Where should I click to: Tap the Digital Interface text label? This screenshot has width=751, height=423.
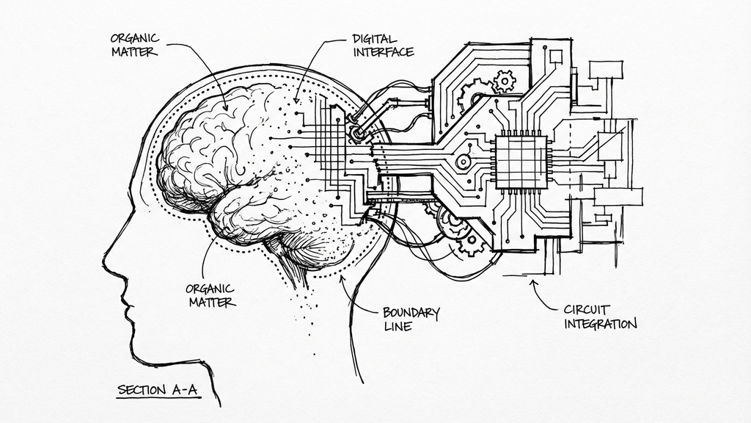(x=382, y=44)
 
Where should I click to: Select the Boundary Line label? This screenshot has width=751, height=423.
(x=411, y=319)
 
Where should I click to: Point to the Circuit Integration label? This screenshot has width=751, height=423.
(x=600, y=316)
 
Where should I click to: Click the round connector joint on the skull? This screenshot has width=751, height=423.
(x=357, y=134)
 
